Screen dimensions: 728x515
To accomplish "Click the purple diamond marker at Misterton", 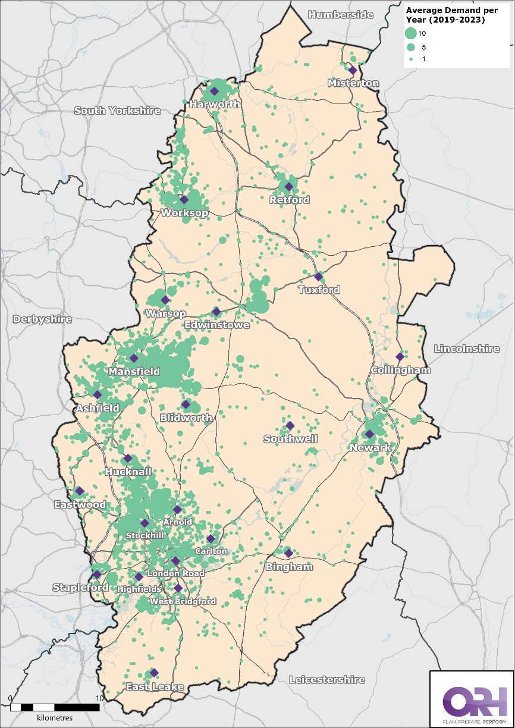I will click(x=353, y=70).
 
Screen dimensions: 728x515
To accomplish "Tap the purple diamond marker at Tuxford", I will click(x=319, y=277).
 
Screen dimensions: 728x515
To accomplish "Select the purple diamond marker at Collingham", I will click(x=400, y=357).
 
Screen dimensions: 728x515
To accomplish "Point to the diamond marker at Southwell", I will click(x=290, y=426).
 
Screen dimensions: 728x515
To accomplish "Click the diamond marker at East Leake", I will click(x=154, y=673).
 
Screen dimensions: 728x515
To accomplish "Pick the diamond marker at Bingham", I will click(x=288, y=553).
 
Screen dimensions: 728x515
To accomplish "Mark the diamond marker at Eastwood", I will click(x=79, y=491).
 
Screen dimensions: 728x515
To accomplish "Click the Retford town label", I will click(x=289, y=200).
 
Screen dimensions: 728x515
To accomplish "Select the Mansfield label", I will click(x=134, y=371).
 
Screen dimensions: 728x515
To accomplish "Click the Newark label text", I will click(x=370, y=447).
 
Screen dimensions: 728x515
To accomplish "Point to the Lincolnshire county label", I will click(x=467, y=349).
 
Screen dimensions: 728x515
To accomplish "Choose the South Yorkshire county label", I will click(x=117, y=111).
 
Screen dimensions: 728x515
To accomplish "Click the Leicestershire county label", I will click(x=326, y=679).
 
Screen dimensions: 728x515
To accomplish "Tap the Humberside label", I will click(x=341, y=14).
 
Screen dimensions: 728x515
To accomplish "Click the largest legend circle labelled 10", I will click(x=410, y=33).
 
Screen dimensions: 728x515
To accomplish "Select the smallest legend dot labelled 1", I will click(x=410, y=59).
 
